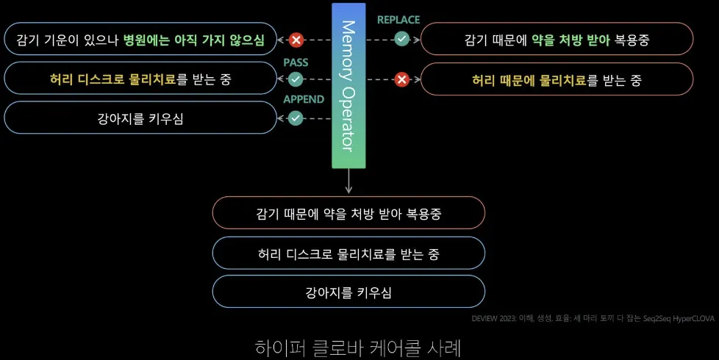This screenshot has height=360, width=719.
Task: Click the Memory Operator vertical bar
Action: [348, 86]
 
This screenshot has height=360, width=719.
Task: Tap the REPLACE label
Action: [398, 20]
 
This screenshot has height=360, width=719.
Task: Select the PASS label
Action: [296, 62]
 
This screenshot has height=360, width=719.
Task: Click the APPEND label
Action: [304, 99]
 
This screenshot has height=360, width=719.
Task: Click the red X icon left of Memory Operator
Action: [296, 40]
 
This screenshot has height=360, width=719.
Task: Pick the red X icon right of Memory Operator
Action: [401, 79]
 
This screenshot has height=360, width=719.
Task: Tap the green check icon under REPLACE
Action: [401, 39]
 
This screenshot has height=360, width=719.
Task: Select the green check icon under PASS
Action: [296, 79]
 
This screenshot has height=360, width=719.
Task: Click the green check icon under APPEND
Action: [296, 118]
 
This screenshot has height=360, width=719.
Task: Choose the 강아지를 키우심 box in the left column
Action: [140, 118]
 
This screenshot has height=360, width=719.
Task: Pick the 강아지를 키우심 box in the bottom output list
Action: [348, 292]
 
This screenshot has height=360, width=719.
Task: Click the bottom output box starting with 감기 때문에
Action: [348, 214]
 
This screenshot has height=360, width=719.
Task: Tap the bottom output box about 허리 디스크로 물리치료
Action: [348, 253]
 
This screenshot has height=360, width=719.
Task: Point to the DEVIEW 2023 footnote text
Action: [592, 319]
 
